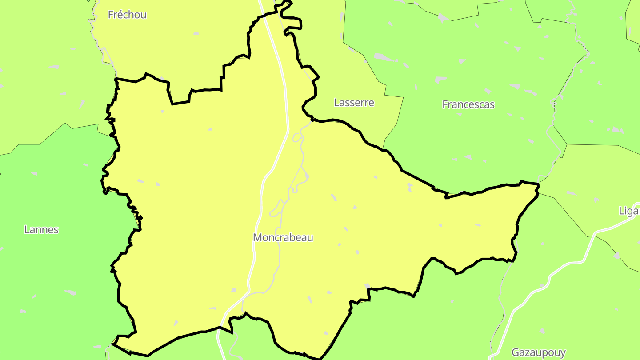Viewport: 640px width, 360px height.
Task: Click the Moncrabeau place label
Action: [283, 237]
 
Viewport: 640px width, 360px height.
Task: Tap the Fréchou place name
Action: [127, 15]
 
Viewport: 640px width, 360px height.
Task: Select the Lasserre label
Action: [354, 103]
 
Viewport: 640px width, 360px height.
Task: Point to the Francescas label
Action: [468, 104]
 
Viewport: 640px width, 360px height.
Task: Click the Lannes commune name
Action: [41, 230]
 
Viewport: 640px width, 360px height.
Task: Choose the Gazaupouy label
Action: [538, 353]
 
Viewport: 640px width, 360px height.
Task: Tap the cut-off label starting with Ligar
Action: [629, 211]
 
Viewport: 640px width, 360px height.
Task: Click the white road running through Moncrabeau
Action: [284, 89]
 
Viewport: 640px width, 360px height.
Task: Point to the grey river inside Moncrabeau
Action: [302, 160]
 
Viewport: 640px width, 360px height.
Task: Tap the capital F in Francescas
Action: [445, 104]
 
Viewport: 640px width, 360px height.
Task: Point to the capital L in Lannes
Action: [26, 230]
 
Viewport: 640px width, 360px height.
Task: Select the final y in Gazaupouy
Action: [563, 354]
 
